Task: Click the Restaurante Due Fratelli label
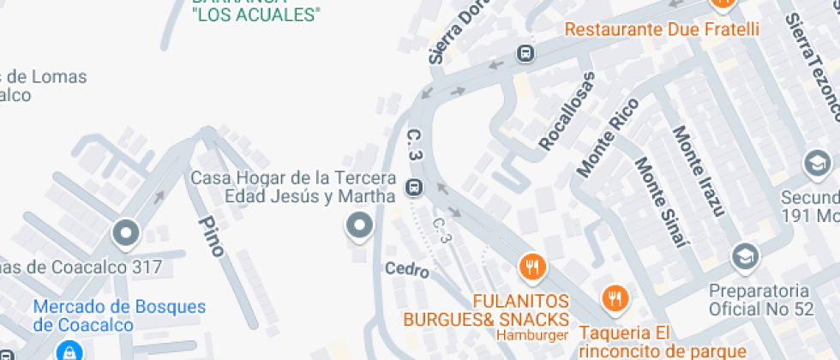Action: point(662,29)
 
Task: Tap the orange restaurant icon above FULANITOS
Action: point(532,267)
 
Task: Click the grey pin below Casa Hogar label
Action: point(359,226)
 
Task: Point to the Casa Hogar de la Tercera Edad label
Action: point(293,187)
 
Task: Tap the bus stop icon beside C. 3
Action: point(414,186)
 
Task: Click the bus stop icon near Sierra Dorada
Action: point(525,53)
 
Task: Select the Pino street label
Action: point(211,236)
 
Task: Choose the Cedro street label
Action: point(406,269)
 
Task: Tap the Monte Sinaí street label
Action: point(663,202)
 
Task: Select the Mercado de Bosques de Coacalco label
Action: point(119,315)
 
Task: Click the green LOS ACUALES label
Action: point(256,14)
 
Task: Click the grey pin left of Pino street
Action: point(127,232)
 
